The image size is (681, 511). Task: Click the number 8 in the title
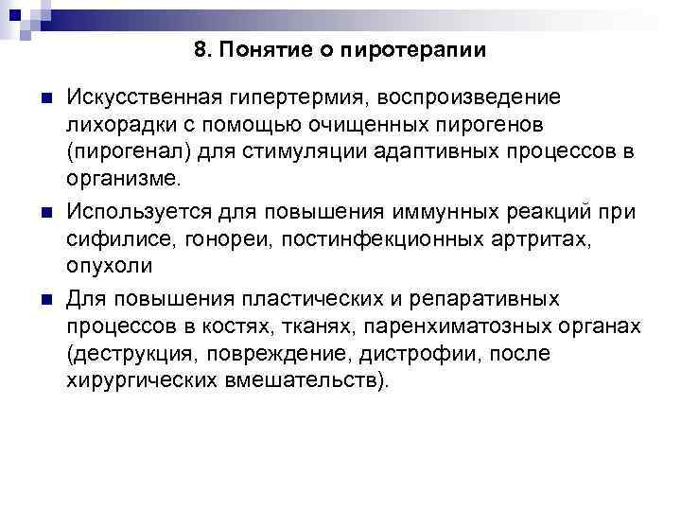200,50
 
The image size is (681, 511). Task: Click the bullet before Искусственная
39,98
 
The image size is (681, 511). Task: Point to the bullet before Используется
39,209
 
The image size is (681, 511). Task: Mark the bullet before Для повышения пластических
39,300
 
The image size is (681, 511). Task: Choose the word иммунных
424,208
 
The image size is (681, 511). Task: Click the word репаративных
470,300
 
